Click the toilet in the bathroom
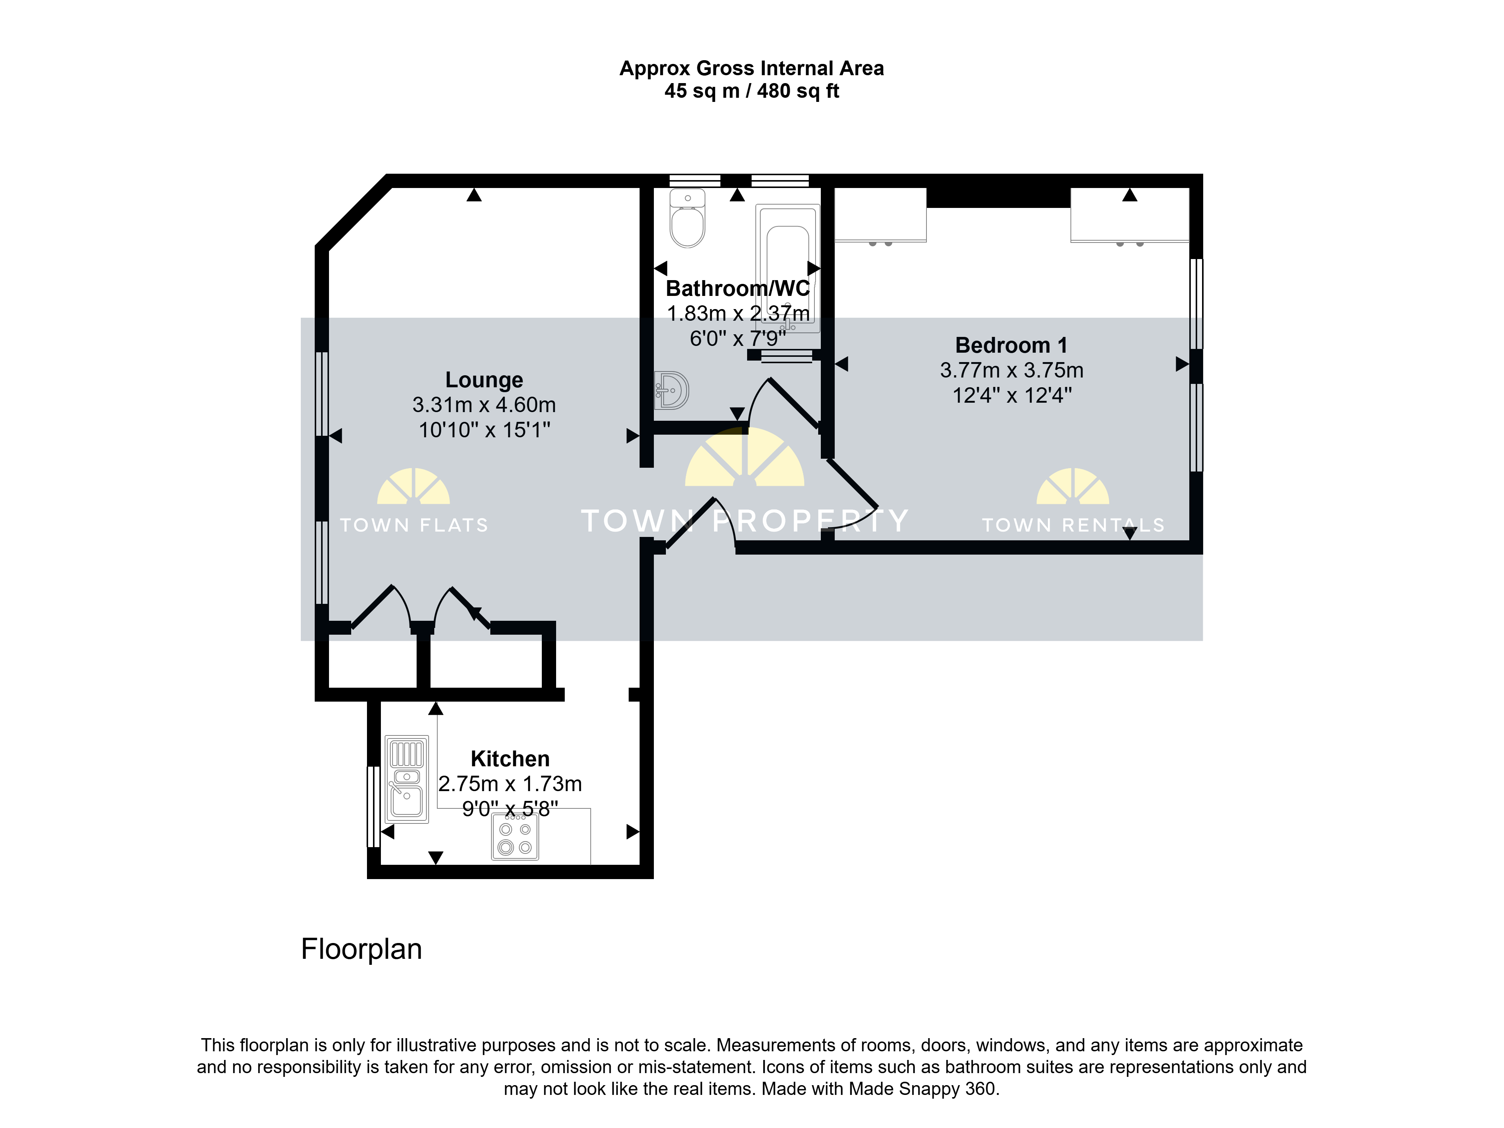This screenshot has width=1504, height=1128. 687,218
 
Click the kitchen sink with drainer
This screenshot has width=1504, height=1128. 406,779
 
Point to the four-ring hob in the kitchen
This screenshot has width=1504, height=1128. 515,837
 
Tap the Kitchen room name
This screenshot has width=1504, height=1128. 510,759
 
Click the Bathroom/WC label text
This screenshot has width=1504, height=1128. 738,288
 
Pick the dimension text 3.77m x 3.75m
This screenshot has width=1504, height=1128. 1012,371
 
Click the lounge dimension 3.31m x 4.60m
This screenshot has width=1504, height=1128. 484,405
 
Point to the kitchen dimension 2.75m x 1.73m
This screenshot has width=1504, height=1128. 510,784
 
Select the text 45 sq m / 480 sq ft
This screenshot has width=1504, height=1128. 752,91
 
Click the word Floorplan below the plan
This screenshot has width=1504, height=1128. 362,949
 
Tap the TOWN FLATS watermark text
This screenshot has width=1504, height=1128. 414,525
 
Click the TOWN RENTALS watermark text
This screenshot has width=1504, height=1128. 1073,525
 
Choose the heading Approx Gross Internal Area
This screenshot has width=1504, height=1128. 752,69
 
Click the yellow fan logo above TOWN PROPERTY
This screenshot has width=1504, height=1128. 744,457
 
